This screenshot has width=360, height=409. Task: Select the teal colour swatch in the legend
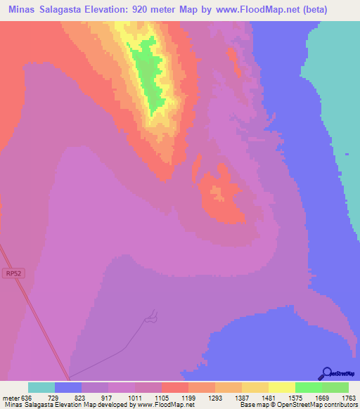click(41, 387)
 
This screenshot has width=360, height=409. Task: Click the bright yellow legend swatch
click(282, 387)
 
